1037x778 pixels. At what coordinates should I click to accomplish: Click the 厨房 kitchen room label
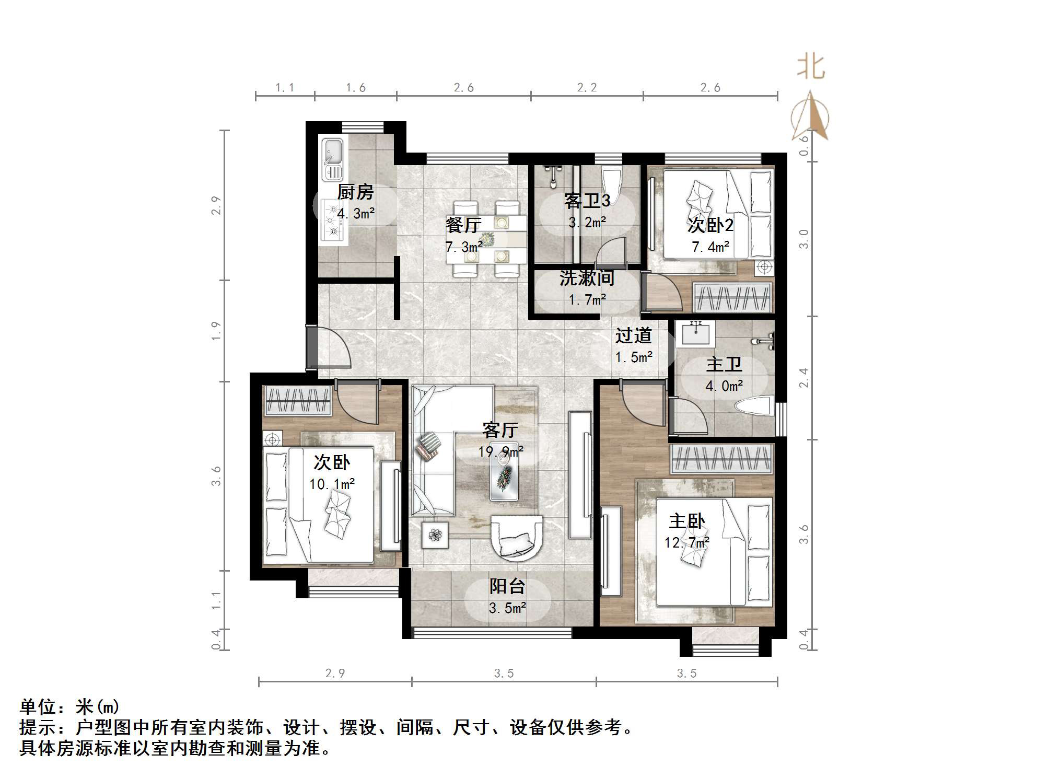(x=355, y=192)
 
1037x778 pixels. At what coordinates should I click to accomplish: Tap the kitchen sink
(x=332, y=159)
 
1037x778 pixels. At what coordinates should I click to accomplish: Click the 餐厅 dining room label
(x=463, y=225)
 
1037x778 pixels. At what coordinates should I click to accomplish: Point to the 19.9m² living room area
(x=500, y=451)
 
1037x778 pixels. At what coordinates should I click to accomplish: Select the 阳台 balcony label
(x=507, y=586)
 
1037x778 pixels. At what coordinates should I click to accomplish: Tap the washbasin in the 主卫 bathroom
(x=695, y=333)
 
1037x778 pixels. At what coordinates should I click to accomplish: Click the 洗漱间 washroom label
(x=587, y=278)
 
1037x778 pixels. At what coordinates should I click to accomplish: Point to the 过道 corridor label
(x=633, y=335)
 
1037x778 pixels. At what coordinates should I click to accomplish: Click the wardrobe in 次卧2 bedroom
(x=732, y=298)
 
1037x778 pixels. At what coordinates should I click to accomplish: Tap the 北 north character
(x=810, y=67)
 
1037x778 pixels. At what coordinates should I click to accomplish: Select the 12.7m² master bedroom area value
(x=686, y=543)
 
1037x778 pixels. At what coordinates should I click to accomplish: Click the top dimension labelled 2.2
(x=587, y=88)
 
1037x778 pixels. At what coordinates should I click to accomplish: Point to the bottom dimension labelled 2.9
(x=335, y=673)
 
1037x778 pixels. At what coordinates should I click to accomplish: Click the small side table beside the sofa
(x=435, y=535)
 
